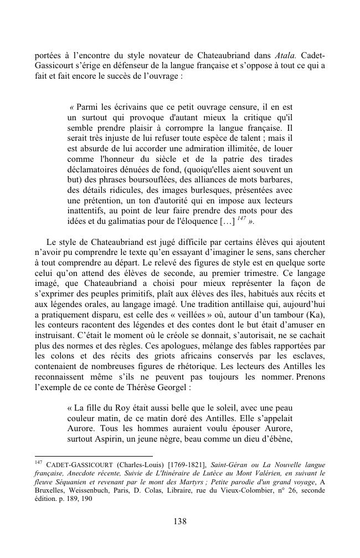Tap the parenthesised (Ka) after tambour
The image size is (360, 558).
[316, 314]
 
